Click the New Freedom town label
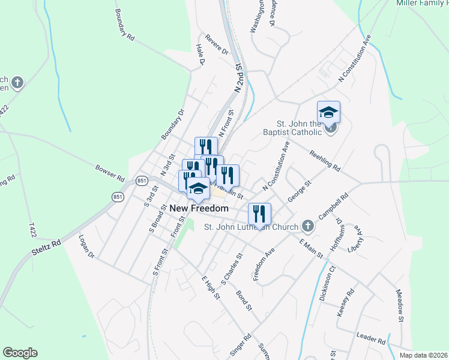(x=199, y=208)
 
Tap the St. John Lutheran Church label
(x=251, y=227)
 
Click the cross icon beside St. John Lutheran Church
(x=308, y=226)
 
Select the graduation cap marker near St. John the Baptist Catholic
(x=328, y=112)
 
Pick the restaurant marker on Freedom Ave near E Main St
(x=259, y=214)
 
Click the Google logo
(x=20, y=353)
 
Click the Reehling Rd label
(x=325, y=159)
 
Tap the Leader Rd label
(x=370, y=338)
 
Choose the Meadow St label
(x=400, y=304)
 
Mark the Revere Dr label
(x=217, y=44)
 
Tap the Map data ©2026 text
(x=423, y=355)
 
